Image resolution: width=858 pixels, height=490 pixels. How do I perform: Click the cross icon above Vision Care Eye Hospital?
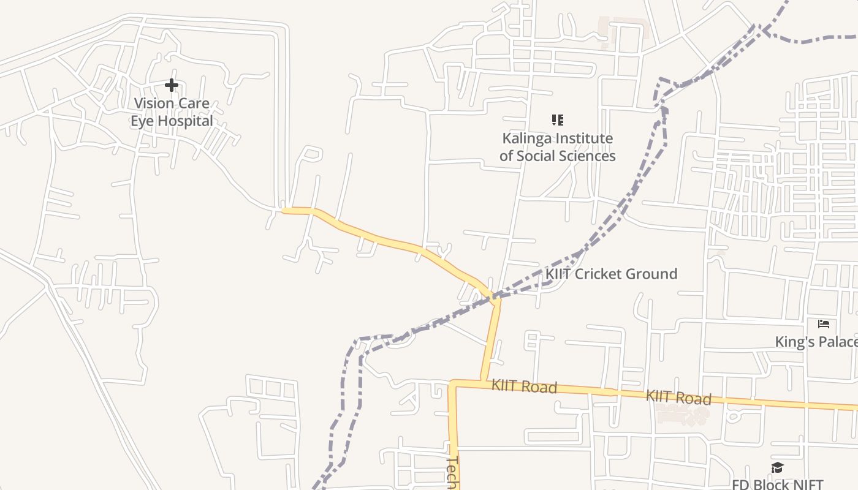[172, 85]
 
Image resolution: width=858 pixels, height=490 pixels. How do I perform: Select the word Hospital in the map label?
[184, 121]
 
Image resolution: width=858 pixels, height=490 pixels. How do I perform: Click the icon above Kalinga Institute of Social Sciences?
[557, 120]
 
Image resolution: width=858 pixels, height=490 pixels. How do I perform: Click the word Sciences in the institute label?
[587, 156]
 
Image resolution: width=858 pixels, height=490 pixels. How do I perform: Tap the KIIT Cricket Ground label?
[611, 274]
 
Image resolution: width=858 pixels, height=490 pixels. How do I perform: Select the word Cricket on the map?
[603, 274]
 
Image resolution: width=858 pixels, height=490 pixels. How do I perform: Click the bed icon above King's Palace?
[824, 323]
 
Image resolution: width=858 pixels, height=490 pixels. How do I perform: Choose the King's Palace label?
[816, 342]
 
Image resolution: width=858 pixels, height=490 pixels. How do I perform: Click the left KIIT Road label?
[524, 386]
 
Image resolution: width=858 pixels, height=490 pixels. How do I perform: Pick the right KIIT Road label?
[678, 398]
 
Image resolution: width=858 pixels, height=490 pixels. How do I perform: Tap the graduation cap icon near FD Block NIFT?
[777, 469]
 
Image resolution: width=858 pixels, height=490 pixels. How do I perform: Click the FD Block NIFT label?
[777, 484]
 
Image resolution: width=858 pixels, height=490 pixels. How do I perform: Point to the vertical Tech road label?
[452, 472]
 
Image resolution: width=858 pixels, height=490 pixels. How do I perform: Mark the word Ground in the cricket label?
[655, 274]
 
